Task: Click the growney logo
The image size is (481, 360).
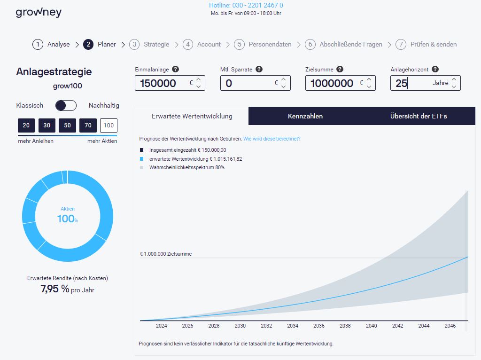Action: click(x=39, y=13)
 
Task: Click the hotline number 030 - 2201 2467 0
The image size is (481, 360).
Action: click(x=246, y=6)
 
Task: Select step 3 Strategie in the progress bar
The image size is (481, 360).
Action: click(x=150, y=44)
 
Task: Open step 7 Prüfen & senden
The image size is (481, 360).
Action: click(x=427, y=44)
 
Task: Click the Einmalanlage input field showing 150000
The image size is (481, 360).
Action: click(x=162, y=83)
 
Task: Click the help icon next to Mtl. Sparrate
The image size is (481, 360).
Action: click(x=259, y=69)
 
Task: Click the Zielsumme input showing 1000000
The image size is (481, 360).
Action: click(x=332, y=83)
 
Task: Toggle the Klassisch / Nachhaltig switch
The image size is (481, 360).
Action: click(x=66, y=105)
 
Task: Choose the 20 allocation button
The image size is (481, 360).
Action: click(x=26, y=125)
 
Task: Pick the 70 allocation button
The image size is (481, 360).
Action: click(x=88, y=125)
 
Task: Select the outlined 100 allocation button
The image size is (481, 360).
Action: click(x=109, y=125)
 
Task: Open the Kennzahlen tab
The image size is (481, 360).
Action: click(x=305, y=116)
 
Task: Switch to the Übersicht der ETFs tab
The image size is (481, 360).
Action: click(x=419, y=116)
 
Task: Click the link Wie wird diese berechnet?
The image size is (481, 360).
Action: click(x=272, y=139)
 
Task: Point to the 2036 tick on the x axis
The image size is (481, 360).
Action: click(x=319, y=326)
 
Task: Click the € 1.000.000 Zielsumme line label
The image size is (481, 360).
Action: click(x=166, y=254)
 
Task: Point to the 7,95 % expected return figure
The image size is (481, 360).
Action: click(x=55, y=289)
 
